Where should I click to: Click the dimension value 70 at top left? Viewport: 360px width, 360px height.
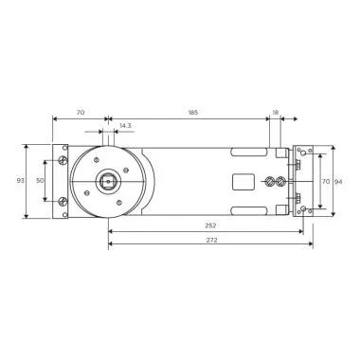(80, 112)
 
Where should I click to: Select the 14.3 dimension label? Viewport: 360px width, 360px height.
(126, 124)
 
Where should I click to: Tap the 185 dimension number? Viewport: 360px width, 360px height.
(193, 112)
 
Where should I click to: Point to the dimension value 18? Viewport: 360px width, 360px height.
(276, 112)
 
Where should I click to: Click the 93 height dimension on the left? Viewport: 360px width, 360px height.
(21, 181)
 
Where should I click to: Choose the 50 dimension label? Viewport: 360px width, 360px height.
(40, 180)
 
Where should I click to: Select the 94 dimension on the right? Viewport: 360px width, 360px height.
(339, 180)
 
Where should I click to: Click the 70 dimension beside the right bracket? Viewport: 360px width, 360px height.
(325, 180)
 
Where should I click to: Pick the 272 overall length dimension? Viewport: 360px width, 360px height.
(210, 242)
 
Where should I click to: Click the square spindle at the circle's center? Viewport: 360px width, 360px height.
(110, 180)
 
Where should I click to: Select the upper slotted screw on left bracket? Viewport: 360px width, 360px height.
(63, 160)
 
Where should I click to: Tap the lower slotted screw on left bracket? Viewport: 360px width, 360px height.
(63, 200)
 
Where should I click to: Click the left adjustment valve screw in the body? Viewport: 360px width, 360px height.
(270, 180)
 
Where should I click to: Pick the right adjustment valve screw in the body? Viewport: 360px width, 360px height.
(279, 180)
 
